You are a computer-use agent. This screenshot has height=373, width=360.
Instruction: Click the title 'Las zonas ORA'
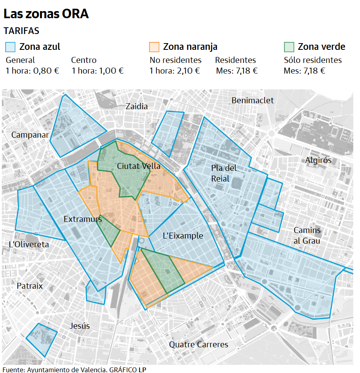[x=46, y=14]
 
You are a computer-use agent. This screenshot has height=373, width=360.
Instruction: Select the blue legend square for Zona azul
[x=10, y=47]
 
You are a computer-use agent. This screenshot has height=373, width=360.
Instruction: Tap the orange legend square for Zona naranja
[x=154, y=47]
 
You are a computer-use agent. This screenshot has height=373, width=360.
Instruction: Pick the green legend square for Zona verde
[x=289, y=47]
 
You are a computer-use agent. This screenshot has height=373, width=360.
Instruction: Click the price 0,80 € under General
[x=46, y=71]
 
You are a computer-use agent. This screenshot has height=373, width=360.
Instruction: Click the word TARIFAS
[x=21, y=31]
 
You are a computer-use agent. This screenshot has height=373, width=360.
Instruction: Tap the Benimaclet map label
[x=252, y=100]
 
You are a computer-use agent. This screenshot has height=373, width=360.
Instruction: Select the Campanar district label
[x=30, y=135]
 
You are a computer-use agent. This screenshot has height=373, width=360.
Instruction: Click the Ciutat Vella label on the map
[x=139, y=166]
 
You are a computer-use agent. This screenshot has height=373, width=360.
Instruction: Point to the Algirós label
[x=318, y=160]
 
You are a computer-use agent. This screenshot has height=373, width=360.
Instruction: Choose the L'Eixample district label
[x=183, y=236]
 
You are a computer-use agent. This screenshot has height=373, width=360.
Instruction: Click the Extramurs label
[x=80, y=219]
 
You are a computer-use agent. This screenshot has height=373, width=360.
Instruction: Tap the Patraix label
[x=30, y=286]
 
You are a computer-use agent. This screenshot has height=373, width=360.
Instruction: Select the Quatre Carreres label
[x=198, y=345]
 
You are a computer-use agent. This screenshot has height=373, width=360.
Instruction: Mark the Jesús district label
[x=80, y=326]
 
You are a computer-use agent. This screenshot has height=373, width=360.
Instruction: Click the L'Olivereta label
[x=29, y=244]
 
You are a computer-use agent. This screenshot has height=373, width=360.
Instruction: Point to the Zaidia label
[x=137, y=106]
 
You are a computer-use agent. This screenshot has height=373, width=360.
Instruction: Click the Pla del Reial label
[x=224, y=173]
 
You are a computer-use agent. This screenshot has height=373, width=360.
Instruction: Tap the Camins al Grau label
[x=307, y=235]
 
